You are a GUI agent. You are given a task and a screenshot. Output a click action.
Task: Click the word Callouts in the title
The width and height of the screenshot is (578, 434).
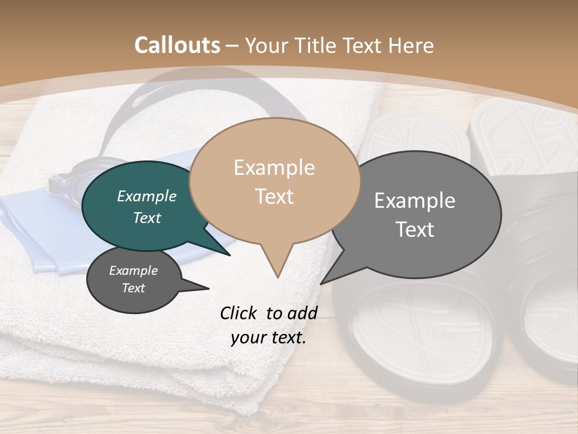click(177, 45)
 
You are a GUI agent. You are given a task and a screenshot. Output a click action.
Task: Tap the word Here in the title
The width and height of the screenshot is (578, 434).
click(412, 45)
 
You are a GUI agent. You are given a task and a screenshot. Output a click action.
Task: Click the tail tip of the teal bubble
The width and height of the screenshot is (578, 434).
click(230, 254)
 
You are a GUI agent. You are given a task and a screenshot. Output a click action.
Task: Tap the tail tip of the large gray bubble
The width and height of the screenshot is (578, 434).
click(322, 283)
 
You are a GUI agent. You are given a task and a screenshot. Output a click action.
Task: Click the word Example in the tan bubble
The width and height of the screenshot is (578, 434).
click(274, 168)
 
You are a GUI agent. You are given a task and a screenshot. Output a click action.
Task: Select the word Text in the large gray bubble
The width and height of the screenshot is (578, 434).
click(415, 230)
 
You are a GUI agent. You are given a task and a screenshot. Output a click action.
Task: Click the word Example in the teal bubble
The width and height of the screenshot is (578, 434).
click(147, 196)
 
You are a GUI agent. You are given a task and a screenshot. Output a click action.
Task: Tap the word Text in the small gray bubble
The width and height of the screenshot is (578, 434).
click(134, 288)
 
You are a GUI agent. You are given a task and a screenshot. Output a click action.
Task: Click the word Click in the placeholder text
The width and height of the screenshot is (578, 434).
click(238, 313)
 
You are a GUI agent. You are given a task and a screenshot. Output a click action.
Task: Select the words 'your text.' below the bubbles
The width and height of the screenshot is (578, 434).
click(269, 338)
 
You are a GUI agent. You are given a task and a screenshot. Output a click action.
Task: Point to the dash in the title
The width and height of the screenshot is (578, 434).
click(233, 46)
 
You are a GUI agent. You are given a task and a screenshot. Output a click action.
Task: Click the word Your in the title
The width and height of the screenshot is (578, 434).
click(265, 45)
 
